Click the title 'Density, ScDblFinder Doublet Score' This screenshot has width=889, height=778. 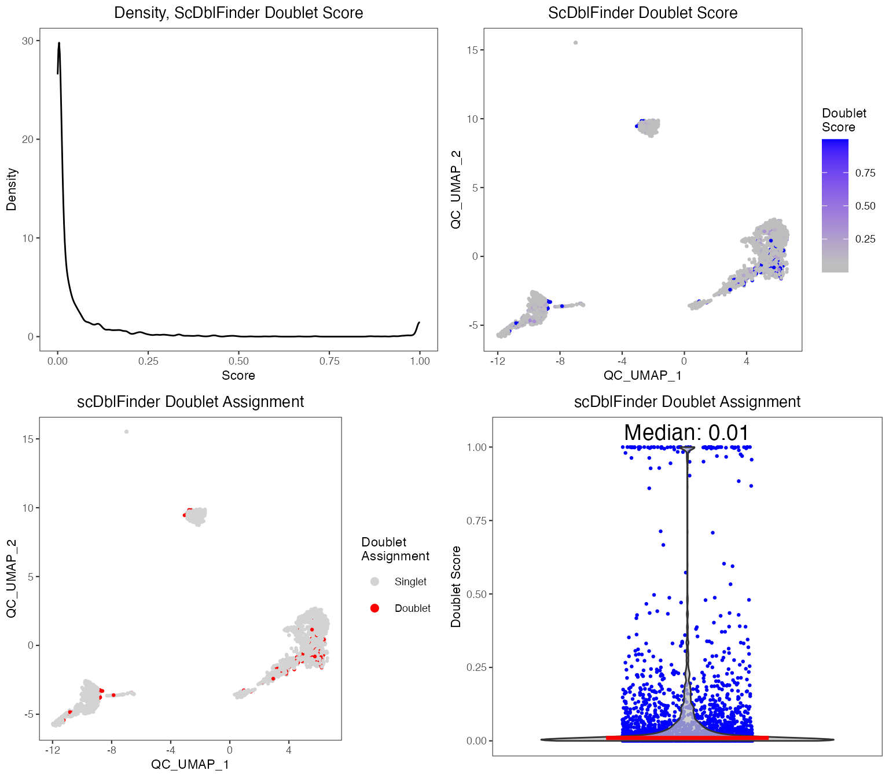point(238,13)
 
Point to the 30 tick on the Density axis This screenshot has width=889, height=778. point(27,41)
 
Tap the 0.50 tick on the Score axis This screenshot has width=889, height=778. point(238,361)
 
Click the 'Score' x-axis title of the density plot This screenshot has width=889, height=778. point(238,376)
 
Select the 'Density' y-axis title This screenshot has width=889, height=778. point(12,189)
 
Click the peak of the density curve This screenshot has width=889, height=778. point(58,43)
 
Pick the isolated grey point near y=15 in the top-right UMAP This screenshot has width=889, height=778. point(575,42)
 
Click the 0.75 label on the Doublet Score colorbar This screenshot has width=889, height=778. point(865,173)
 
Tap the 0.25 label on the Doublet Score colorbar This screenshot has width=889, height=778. point(865,239)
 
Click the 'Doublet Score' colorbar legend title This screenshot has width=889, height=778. point(844,120)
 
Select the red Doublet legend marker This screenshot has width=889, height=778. point(374,608)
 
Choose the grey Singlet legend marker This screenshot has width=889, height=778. point(374,581)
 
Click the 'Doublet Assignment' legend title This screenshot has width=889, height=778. point(395,549)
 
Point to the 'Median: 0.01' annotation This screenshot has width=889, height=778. point(686,432)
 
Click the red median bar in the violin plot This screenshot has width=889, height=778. point(687,737)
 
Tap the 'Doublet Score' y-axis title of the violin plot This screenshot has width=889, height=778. point(456,586)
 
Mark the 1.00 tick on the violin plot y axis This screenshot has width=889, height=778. point(476,447)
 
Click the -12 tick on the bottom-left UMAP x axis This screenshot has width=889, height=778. point(53,750)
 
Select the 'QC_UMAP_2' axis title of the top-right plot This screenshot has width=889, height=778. point(456,189)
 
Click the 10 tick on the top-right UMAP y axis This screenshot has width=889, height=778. point(472,119)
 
